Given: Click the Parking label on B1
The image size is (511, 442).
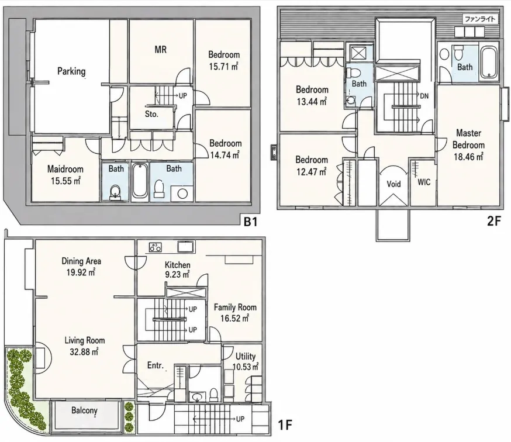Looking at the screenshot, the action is pyautogui.click(x=71, y=71).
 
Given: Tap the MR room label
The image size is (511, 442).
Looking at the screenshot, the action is pyautogui.click(x=160, y=50).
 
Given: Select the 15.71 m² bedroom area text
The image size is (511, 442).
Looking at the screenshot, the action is pyautogui.click(x=223, y=67).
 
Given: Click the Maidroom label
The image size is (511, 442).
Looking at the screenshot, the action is pyautogui.click(x=65, y=169).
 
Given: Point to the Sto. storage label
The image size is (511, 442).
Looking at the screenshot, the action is pyautogui.click(x=151, y=114).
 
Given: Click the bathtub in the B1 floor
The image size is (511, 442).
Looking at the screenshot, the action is pyautogui.click(x=140, y=181).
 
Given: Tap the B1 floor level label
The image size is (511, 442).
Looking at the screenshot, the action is pyautogui.click(x=251, y=222).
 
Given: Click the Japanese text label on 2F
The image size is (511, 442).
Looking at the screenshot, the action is pyautogui.click(x=479, y=19).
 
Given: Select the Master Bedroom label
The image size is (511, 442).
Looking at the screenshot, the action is pyautogui.click(x=468, y=139).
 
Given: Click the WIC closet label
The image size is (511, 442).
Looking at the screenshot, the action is pyautogui.click(x=424, y=182).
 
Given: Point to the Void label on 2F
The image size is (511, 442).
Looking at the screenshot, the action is pyautogui.click(x=393, y=184).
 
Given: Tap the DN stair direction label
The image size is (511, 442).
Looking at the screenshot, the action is pyautogui.click(x=424, y=96).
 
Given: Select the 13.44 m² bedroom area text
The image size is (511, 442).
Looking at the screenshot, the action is pyautogui.click(x=312, y=101).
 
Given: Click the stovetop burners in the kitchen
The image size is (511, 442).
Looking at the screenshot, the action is pyautogui.click(x=156, y=247).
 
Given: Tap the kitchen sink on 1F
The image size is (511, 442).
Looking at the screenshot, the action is pyautogui.click(x=186, y=246).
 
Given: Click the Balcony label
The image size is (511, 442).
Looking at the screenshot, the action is pyautogui.click(x=84, y=410).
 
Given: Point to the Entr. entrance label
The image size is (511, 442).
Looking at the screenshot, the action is pyautogui.click(x=155, y=365).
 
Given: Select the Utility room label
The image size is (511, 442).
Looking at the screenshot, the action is pyautogui.click(x=246, y=356).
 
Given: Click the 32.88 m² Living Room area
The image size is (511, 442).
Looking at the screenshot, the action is pyautogui.click(x=84, y=352).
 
